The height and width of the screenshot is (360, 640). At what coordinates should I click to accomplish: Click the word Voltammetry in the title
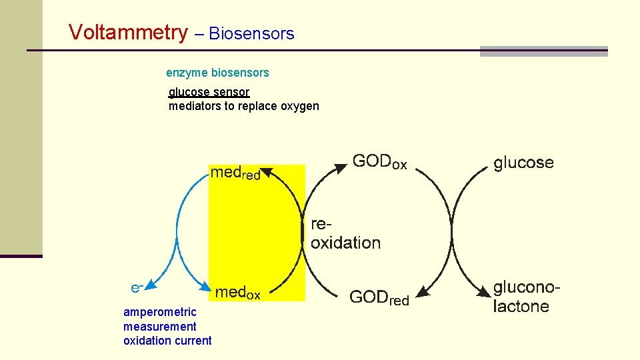click(129, 32)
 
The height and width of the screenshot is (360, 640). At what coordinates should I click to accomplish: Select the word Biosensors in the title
click(251, 34)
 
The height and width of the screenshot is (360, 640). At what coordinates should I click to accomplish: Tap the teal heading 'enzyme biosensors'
click(217, 72)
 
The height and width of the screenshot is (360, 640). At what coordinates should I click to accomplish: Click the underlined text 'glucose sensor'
click(209, 92)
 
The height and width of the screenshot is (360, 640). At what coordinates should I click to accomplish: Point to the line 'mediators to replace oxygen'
click(243, 106)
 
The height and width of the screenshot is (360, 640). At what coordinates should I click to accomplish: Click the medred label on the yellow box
click(235, 173)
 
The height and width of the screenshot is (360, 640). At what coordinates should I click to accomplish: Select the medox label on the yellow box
click(238, 293)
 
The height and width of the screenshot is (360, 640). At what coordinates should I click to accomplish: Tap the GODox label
click(379, 163)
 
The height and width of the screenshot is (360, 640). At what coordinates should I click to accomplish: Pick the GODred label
click(379, 299)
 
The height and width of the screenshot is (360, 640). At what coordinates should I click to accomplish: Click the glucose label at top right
click(523, 163)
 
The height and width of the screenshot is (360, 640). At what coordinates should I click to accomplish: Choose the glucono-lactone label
click(525, 297)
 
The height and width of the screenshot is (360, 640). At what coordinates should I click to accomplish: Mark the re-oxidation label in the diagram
click(345, 234)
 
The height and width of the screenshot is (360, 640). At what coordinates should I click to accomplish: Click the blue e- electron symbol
click(136, 287)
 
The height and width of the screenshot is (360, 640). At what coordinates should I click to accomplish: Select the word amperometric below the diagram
click(160, 312)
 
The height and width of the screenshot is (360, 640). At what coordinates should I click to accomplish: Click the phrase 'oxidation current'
click(167, 341)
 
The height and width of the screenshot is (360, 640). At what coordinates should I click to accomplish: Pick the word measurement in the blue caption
click(160, 327)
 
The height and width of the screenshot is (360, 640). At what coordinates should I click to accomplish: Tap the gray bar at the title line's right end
click(543, 51)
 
